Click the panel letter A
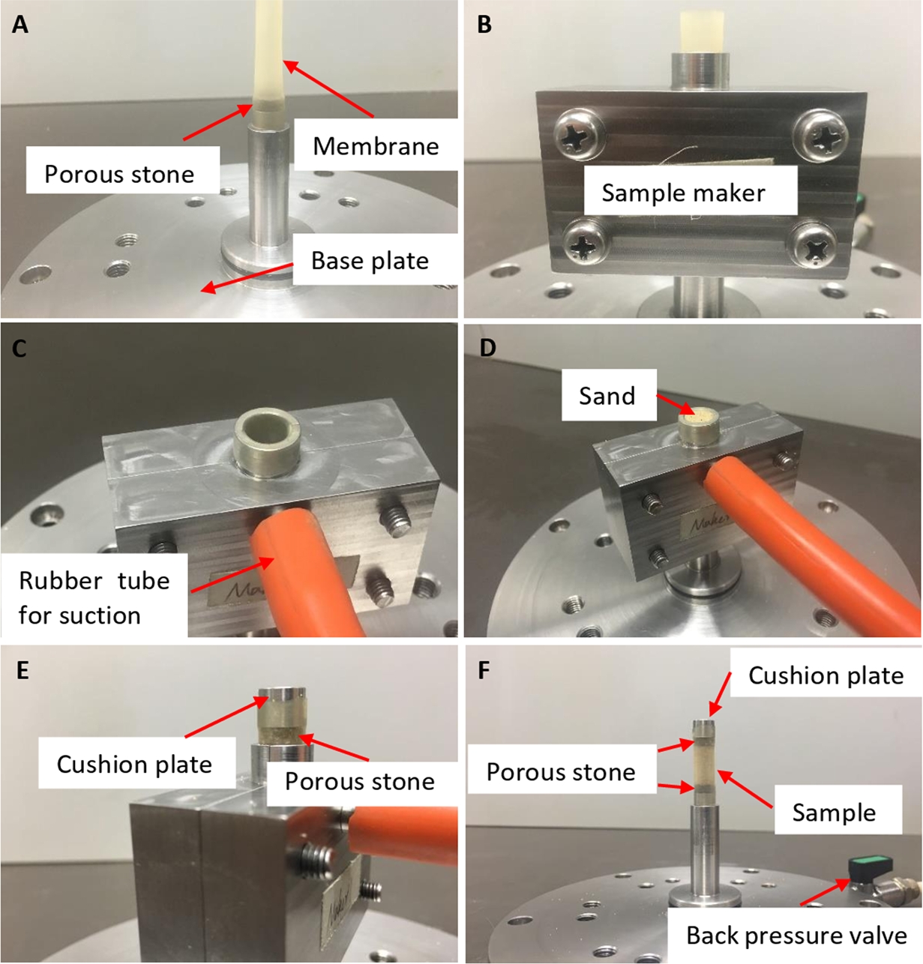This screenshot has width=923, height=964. pyautogui.click(x=19, y=24)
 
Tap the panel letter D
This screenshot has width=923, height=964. pyautogui.click(x=487, y=349)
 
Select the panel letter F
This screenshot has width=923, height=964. pyautogui.click(x=484, y=670)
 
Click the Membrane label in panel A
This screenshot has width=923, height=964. pyautogui.click(x=376, y=146)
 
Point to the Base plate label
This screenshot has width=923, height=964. pyautogui.click(x=370, y=261)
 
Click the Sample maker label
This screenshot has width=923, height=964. pyautogui.click(x=683, y=193)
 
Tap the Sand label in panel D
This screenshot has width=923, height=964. pyautogui.click(x=607, y=396)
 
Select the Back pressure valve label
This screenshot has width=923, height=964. pyautogui.click(x=797, y=936)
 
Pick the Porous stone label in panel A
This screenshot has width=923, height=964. pyautogui.click(x=119, y=174)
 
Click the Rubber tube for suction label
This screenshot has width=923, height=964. pyautogui.click(x=94, y=598)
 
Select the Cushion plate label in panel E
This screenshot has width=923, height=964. pyautogui.click(x=134, y=764)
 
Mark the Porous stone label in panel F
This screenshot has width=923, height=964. pyautogui.click(x=561, y=772)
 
